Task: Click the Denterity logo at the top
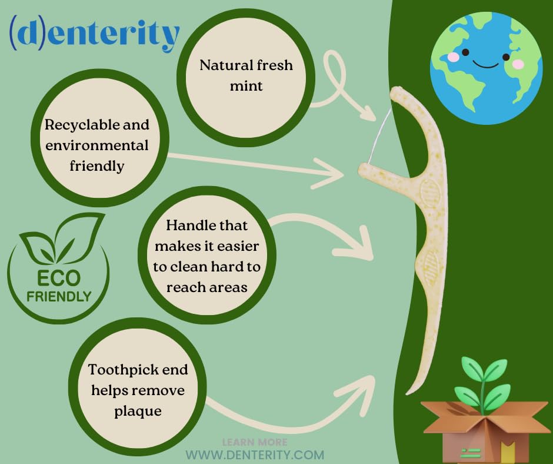point(94,34)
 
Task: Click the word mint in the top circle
point(246,86)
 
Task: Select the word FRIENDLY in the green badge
point(58,296)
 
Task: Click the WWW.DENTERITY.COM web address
point(255,455)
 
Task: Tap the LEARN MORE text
point(255,442)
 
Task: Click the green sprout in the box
point(481,380)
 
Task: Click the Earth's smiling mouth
point(486,64)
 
